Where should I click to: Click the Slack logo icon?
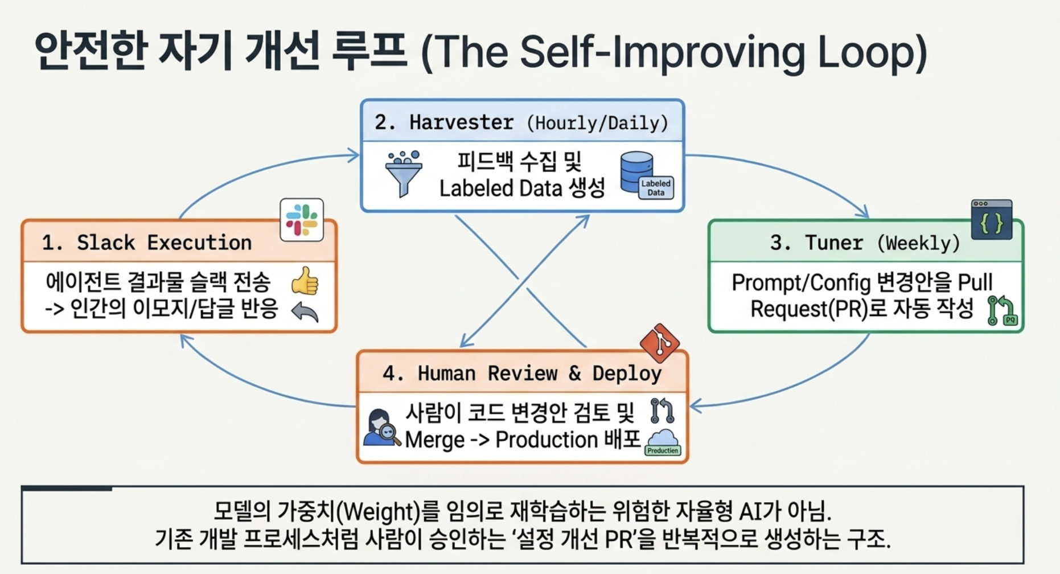(x=302, y=220)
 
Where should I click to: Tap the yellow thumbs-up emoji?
(x=305, y=281)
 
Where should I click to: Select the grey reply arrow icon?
(x=305, y=312)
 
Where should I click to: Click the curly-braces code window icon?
(x=992, y=219)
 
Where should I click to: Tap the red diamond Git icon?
(x=660, y=343)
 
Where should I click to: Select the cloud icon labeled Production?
(x=663, y=442)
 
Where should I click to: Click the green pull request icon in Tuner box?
(x=1002, y=310)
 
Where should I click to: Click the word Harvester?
(x=461, y=122)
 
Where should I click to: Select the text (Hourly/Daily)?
(x=598, y=123)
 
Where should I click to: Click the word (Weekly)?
(x=918, y=244)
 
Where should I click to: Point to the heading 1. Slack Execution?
(x=147, y=243)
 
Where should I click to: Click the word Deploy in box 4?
(x=627, y=374)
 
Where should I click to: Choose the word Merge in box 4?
(x=435, y=440)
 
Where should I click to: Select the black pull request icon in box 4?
(x=662, y=411)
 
